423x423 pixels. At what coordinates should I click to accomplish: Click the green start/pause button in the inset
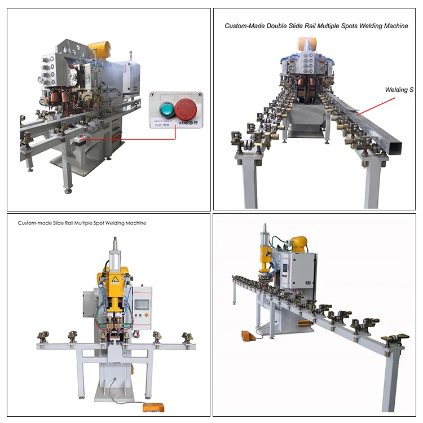point(167,109)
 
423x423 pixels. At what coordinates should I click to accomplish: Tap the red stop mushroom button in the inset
point(185,109)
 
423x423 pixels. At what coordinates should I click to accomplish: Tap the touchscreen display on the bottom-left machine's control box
point(142,303)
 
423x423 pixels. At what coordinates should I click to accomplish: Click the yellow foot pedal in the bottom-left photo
point(151,407)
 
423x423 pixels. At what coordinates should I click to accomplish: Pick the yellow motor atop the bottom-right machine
point(297,244)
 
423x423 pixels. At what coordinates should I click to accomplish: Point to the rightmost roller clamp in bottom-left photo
point(186,337)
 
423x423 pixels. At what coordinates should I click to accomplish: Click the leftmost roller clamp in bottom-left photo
point(42,337)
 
